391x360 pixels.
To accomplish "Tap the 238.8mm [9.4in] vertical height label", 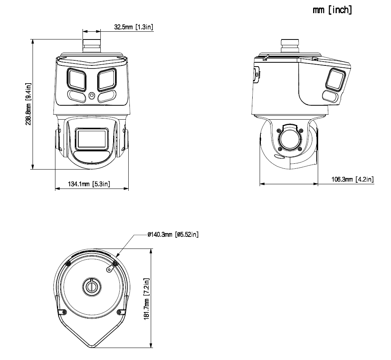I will (28, 104).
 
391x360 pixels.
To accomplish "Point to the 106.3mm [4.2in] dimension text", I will (352, 179).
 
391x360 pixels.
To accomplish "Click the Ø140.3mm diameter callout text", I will (173, 235).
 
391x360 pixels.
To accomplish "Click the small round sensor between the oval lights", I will (92, 96).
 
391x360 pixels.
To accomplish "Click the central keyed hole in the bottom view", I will (92, 286).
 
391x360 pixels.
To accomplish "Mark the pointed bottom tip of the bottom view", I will (92, 344).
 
